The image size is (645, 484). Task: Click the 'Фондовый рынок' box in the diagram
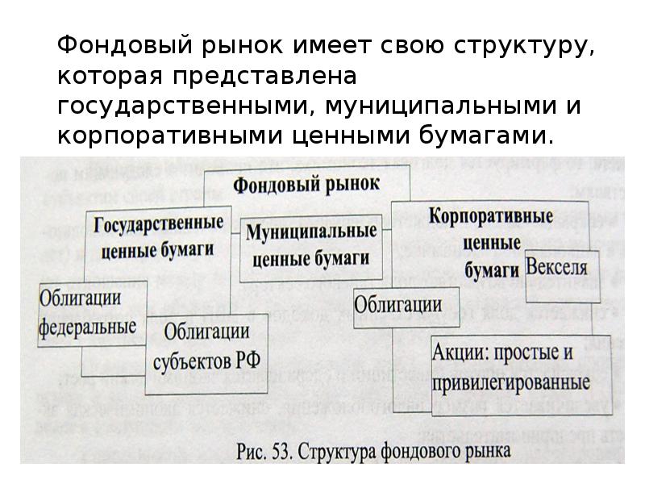306,184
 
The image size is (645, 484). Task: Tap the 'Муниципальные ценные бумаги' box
310,245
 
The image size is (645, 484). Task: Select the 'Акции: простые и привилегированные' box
510,365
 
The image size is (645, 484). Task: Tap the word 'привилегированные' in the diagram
510,379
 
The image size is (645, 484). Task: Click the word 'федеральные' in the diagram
87,327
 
